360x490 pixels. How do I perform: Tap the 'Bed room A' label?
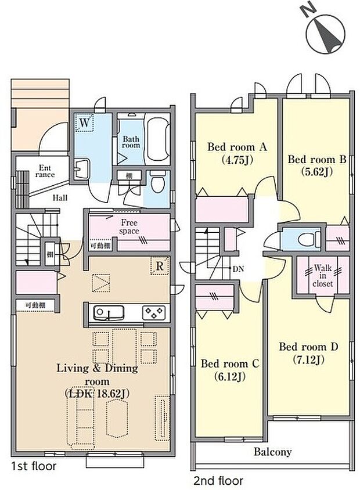237,147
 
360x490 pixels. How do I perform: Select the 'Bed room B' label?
312,159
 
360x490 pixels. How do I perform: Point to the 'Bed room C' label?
229,364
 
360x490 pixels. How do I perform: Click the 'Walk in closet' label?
322,276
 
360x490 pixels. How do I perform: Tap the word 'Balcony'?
272,452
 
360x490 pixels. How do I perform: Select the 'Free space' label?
129,226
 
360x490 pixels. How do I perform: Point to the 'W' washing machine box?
85,123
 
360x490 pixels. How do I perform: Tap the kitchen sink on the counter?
108,314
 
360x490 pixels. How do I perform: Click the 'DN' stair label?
237,269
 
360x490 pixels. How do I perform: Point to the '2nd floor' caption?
218,481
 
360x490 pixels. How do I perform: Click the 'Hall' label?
60,198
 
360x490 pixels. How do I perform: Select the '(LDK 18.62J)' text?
96,393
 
